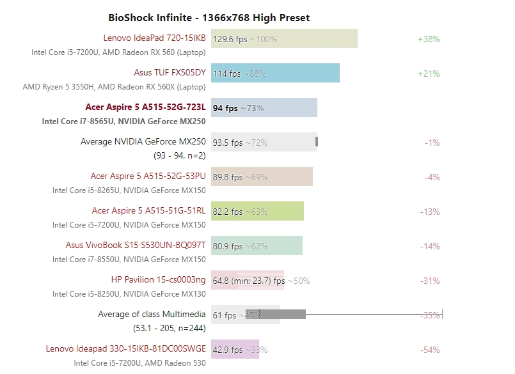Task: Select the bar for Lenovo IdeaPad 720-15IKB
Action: point(284,38)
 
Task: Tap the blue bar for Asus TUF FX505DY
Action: point(275,73)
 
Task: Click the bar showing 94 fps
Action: point(264,107)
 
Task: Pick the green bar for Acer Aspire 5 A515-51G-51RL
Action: point(257,211)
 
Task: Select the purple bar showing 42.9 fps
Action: point(235,349)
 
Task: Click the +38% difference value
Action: point(429,39)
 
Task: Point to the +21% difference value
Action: point(429,74)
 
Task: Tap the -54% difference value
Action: point(430,350)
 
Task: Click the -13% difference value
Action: point(430,212)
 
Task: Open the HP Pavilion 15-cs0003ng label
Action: point(158,280)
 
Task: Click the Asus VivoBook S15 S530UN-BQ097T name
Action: point(136,245)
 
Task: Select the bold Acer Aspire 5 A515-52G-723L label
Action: point(145,107)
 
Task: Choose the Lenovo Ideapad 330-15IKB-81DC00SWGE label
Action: point(126,349)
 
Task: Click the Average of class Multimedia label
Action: point(152,315)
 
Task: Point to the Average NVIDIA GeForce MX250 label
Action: point(143,142)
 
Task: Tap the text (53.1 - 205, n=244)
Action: point(170,328)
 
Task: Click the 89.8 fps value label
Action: point(228,177)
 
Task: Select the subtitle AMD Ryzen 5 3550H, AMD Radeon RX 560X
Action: point(115,86)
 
